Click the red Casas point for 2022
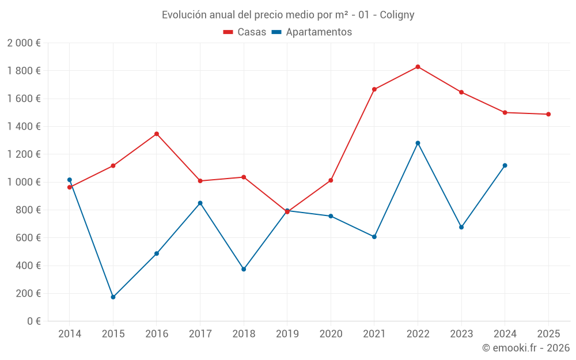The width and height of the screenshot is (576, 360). click(418, 67)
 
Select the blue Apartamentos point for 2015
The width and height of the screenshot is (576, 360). click(113, 297)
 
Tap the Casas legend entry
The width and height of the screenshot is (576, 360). click(245, 32)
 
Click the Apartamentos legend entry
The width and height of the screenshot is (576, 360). click(312, 32)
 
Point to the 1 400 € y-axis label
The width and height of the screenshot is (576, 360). click(24, 126)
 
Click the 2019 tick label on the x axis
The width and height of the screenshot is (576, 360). click(287, 334)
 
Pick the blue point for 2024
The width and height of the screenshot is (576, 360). click(505, 165)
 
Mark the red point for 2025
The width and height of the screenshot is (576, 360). click(548, 114)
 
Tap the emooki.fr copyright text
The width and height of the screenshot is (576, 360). click(525, 348)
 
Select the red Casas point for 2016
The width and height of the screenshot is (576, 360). click(157, 134)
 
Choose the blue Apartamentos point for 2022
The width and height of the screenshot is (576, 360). click(418, 143)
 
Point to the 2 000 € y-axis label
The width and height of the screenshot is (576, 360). click(24, 43)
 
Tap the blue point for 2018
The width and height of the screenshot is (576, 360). click(244, 269)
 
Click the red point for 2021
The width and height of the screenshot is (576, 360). click(374, 89)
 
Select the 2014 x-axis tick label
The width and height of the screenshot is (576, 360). click(70, 334)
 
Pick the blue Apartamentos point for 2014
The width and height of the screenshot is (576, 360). click(70, 180)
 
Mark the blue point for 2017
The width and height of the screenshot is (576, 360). click(200, 203)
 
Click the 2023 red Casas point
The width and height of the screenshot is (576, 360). click(461, 92)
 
